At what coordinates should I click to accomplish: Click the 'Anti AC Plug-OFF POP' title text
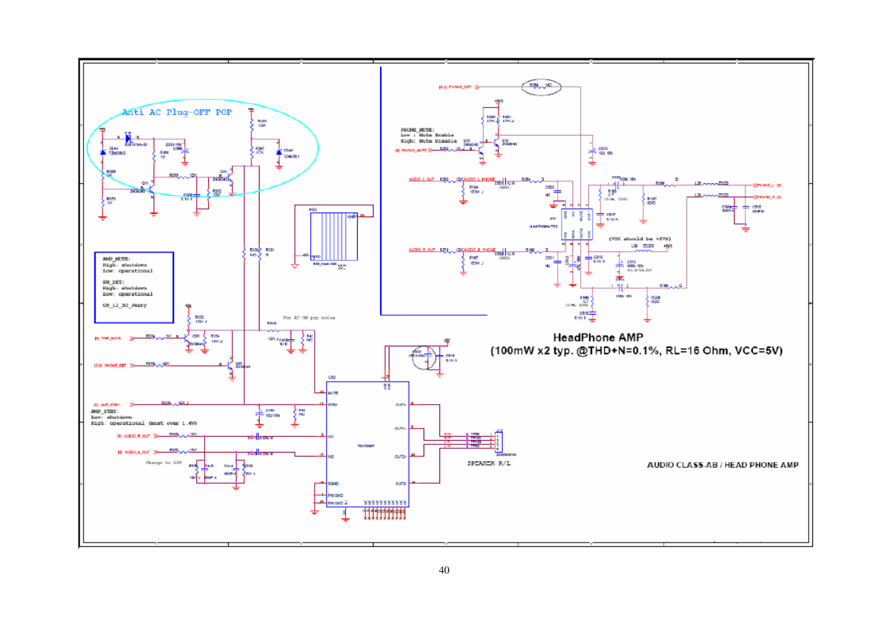(177, 113)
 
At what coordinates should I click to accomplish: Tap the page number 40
(444, 570)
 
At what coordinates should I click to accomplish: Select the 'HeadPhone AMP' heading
(598, 338)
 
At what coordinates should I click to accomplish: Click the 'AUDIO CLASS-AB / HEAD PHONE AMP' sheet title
(722, 465)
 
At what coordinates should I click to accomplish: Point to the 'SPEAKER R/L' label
(488, 463)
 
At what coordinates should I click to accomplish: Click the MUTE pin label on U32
(333, 393)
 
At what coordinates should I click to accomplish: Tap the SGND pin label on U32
(333, 484)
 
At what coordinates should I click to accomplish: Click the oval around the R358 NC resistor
(541, 87)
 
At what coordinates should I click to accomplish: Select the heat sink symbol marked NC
(334, 236)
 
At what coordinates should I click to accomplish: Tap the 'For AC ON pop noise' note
(309, 318)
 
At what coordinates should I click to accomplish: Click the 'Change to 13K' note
(163, 463)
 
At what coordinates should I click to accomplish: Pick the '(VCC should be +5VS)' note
(640, 239)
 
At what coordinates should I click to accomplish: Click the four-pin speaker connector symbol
(498, 441)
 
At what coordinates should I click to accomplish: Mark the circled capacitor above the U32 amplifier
(424, 358)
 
